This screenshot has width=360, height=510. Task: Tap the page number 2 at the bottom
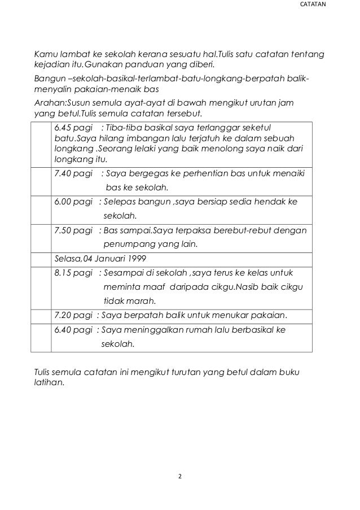(179, 477)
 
